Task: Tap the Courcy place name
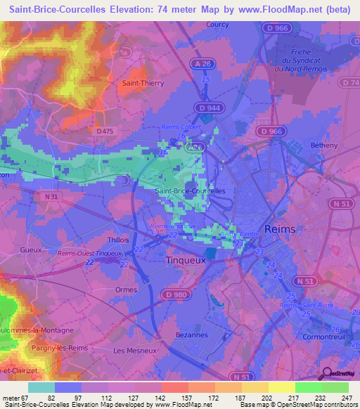pos(217,24)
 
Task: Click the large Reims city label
pos(281,229)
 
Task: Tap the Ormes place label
pos(126,288)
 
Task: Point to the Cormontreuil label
pos(323,336)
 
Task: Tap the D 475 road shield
pos(103,130)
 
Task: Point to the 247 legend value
pos(347,398)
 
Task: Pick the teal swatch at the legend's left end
pos(41,387)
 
